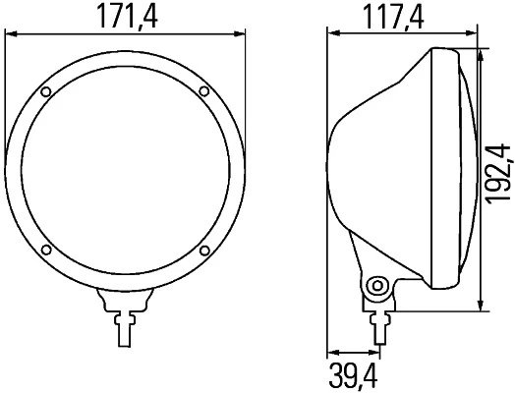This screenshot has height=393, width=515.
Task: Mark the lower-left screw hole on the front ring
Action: pos(46,250)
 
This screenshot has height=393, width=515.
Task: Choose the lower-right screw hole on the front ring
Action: pos(201,250)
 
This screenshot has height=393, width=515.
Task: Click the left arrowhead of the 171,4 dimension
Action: pos(12,33)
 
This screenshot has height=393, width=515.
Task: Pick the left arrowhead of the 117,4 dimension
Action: pos(331,33)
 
